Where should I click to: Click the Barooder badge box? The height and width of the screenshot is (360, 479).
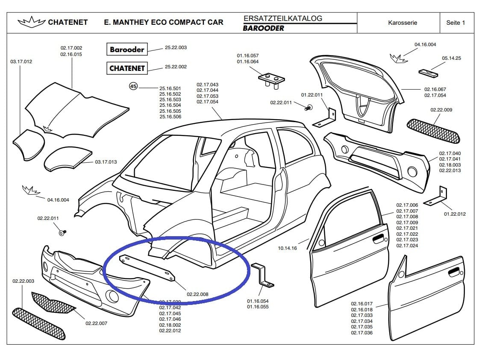tap(127, 50)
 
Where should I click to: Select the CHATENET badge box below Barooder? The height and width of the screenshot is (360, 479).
tap(127, 68)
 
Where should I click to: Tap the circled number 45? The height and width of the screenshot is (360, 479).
tap(133, 86)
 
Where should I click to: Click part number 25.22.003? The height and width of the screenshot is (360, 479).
tap(176, 47)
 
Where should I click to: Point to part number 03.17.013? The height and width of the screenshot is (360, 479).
tap(106, 162)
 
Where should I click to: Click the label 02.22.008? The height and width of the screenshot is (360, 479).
tap(197, 294)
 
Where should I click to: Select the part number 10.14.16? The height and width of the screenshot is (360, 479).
tap(287, 248)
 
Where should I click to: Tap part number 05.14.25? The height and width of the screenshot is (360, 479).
tap(451, 58)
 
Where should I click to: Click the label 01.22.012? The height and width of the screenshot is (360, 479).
tap(455, 214)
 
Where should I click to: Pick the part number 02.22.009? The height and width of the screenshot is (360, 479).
tap(441, 110)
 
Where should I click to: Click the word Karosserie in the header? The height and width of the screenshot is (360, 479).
tap(403, 23)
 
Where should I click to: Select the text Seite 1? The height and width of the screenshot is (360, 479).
tap(455, 23)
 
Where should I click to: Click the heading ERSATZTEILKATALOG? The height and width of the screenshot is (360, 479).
tap(283, 18)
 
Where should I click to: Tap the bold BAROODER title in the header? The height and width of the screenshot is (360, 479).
tap(263, 28)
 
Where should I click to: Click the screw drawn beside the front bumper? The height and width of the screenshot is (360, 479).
tap(62, 232)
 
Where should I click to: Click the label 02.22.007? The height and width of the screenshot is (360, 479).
tap(96, 323)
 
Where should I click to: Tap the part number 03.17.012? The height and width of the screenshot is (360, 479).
tap(21, 61)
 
